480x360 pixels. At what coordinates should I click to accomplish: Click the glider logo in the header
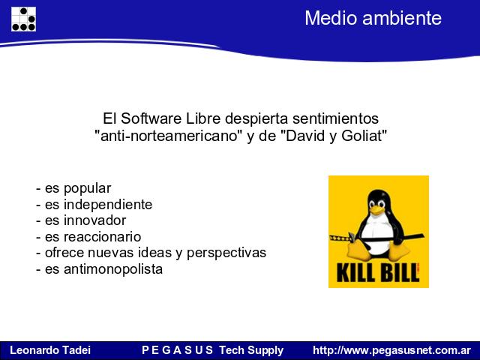click(23, 19)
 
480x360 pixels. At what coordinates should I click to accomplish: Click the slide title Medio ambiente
click(373, 18)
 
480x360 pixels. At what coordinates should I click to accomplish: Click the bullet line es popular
click(73, 188)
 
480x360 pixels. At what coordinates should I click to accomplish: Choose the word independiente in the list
click(108, 205)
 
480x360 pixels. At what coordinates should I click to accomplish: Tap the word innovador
click(95, 220)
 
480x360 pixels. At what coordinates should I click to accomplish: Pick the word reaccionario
click(102, 237)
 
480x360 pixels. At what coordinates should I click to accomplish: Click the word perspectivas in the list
click(226, 253)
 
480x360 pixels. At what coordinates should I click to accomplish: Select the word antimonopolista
click(113, 269)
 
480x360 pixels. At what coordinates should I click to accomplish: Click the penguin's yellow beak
click(376, 210)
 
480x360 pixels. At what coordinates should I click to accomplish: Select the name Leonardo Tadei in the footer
click(50, 350)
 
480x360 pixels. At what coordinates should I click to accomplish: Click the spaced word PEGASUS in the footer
click(177, 350)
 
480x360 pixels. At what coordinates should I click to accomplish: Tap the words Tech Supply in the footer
click(251, 350)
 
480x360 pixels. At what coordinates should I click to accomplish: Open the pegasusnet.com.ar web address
click(391, 350)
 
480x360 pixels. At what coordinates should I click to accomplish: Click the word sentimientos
click(335, 118)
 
